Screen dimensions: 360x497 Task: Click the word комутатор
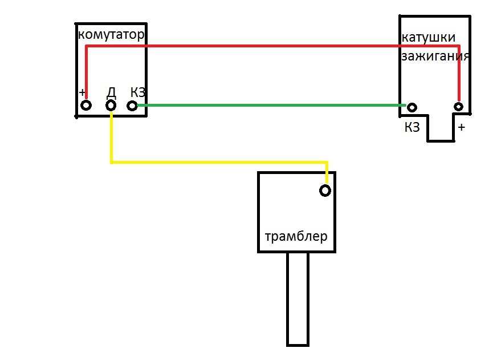tap(111, 35)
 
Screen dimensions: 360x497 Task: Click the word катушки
tap(429, 38)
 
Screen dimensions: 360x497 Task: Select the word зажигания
tap(435, 56)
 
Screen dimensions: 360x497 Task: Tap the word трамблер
tap(296, 236)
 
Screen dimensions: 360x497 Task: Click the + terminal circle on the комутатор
tap(86, 106)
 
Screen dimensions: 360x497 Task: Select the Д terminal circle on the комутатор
tap(111, 106)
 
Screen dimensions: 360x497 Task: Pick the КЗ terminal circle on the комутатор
tap(132, 106)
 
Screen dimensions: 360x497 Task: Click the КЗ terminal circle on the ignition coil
tap(412, 107)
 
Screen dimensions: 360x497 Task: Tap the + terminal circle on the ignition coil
tap(458, 107)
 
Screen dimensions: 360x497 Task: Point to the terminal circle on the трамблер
tap(325, 191)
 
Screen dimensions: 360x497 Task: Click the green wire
tap(268, 106)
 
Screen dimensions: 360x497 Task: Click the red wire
tap(268, 45)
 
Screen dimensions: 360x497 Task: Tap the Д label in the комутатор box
tap(111, 92)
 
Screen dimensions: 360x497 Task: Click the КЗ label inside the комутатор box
tap(138, 92)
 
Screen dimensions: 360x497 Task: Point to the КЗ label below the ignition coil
tap(412, 127)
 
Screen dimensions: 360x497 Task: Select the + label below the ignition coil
tap(462, 127)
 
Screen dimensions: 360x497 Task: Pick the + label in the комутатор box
tap(83, 92)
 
